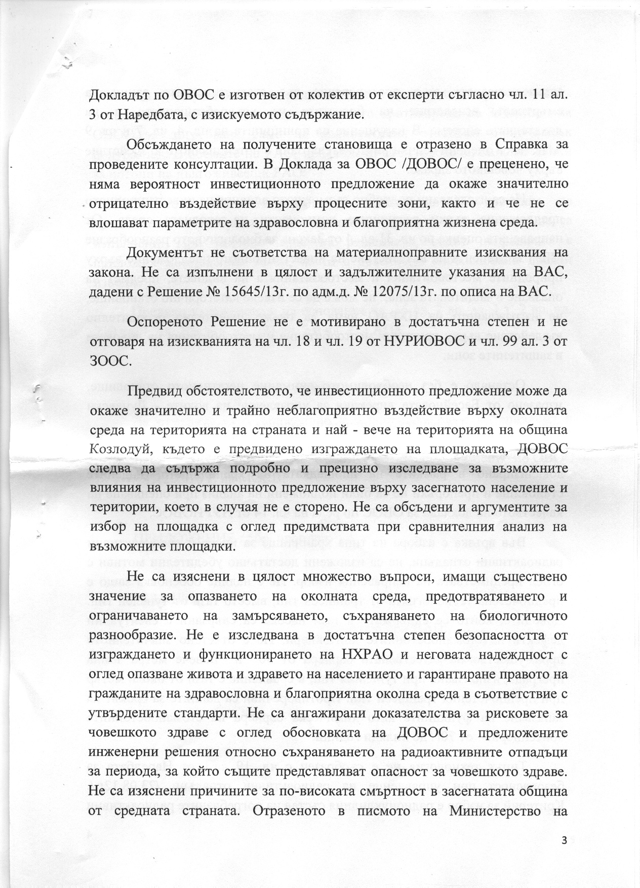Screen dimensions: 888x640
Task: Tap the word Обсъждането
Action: [170, 145]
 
